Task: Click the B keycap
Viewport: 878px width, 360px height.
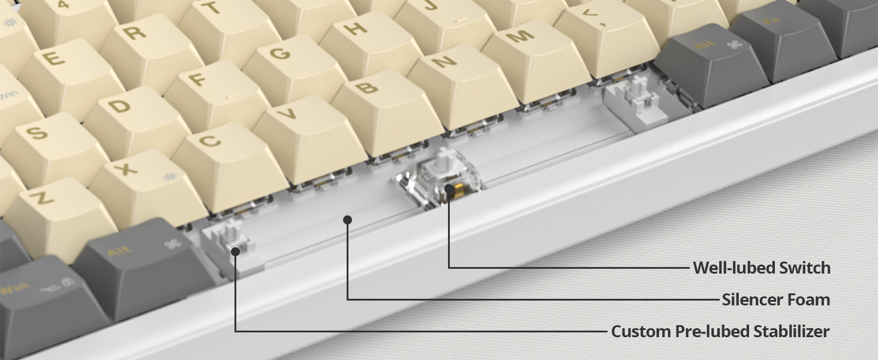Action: tap(367, 90)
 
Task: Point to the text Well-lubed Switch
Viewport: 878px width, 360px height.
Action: tap(762, 268)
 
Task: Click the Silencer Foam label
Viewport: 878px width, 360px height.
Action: tap(776, 299)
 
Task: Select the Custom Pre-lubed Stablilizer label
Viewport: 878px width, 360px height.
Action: tap(720, 331)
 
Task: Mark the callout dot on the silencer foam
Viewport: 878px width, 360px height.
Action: tap(347, 220)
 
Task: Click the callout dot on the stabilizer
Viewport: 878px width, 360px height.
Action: tap(236, 251)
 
